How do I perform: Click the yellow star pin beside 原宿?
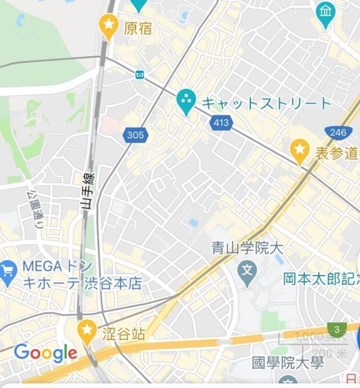coord(108,24)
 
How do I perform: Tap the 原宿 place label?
coord(138,28)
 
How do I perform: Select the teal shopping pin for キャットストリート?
coord(186,101)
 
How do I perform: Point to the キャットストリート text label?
coord(267,103)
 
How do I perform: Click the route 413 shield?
coord(222,123)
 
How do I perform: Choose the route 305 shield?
coord(135,135)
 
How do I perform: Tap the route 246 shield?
coord(339,133)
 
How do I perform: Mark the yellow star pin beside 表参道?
coord(300,150)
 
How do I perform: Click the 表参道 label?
coord(336,152)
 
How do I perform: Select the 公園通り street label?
coord(35,208)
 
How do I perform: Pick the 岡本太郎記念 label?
coord(321,278)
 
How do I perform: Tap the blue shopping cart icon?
coord(7,273)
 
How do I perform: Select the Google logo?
coord(46,353)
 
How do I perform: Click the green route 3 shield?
coord(336,329)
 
